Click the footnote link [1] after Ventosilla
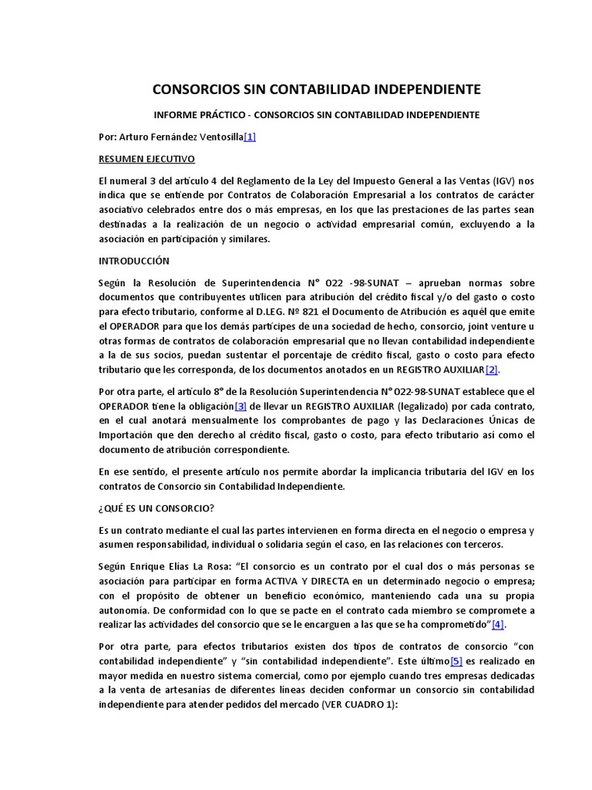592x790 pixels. (250, 137)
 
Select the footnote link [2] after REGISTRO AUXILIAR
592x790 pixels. (492, 370)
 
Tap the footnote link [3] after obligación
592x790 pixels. (241, 406)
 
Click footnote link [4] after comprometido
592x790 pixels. (499, 624)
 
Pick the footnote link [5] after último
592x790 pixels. (457, 661)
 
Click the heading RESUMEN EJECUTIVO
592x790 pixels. (146, 159)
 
